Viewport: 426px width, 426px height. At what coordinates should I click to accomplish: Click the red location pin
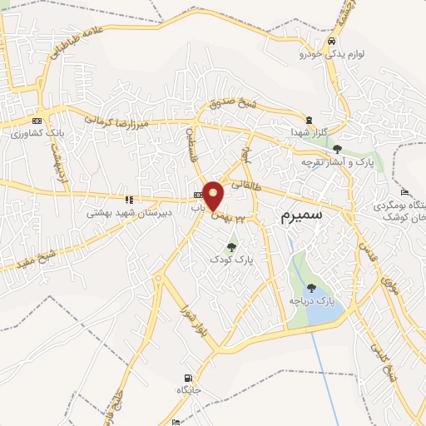[214, 195]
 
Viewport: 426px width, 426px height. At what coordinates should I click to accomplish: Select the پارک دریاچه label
[310, 300]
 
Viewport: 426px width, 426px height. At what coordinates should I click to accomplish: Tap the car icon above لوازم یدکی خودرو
[332, 42]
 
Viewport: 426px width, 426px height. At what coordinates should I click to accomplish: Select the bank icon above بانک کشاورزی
[36, 118]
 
